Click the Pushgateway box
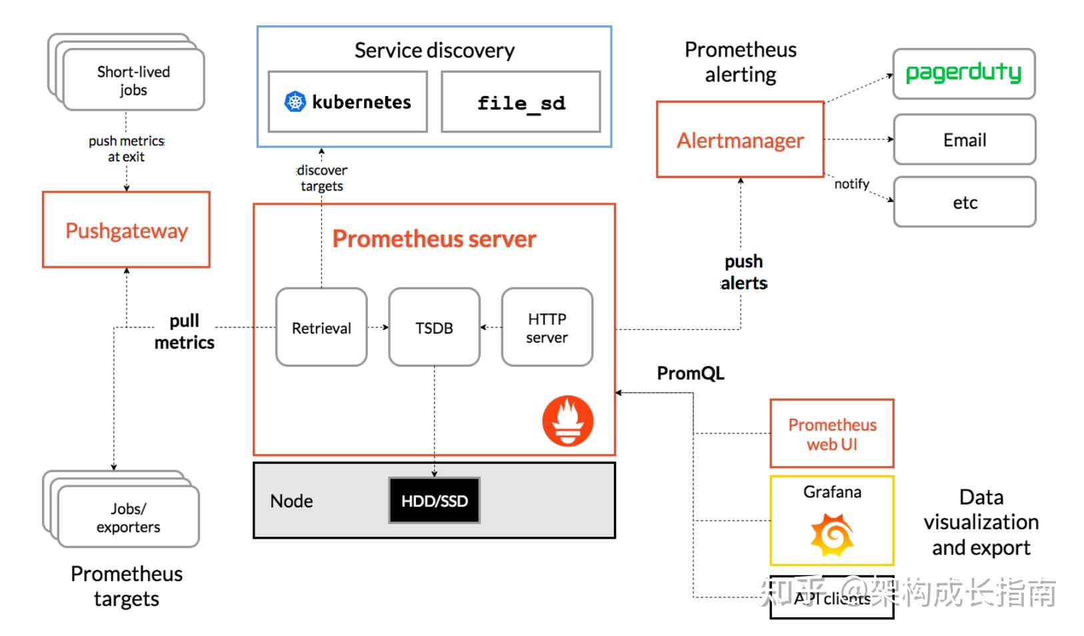click(126, 230)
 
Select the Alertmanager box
click(740, 140)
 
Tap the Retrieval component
click(321, 327)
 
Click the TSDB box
click(434, 327)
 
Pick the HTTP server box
click(547, 327)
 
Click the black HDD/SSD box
click(434, 501)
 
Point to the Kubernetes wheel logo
click(295, 102)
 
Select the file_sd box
click(521, 102)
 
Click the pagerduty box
click(963, 73)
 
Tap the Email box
click(964, 140)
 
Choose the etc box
click(964, 202)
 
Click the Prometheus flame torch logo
click(567, 421)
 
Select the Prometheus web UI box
click(831, 434)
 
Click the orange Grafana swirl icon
click(831, 535)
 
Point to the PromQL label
click(690, 373)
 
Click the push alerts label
click(743, 272)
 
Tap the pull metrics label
click(184, 331)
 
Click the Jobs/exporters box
click(128, 517)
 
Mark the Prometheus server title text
click(434, 239)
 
